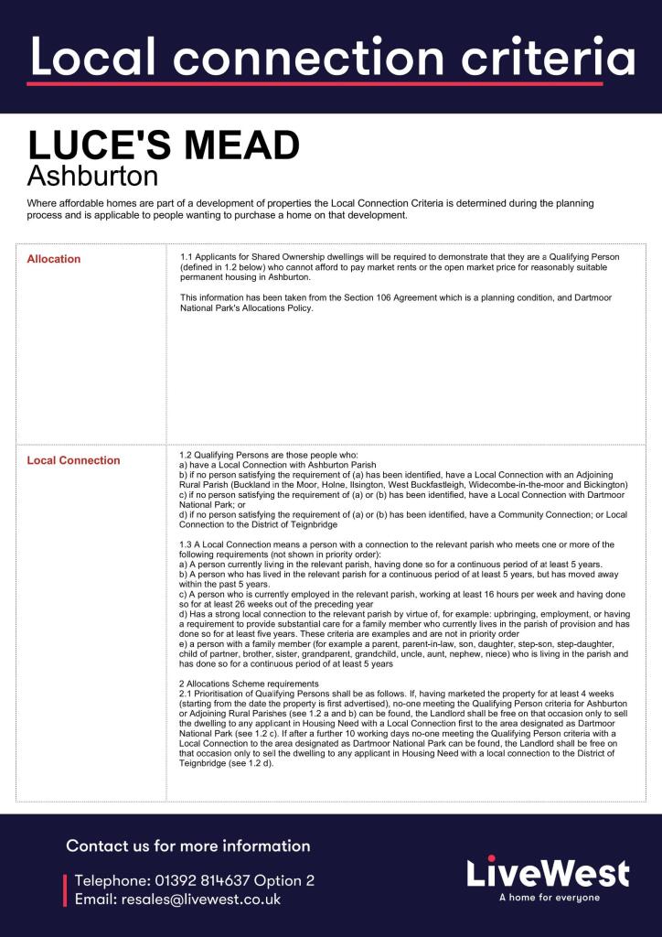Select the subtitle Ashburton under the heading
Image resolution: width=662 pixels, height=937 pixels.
point(92,175)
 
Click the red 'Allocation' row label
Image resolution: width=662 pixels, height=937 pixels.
point(54,259)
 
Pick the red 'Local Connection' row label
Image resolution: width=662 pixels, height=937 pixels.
point(74,460)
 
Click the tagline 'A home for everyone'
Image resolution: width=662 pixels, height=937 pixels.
point(550,898)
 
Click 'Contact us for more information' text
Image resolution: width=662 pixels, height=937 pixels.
point(188,845)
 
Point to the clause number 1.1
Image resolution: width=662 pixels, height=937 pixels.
point(187,259)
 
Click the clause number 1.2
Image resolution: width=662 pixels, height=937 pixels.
point(187,455)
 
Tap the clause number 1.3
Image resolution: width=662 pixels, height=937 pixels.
point(187,544)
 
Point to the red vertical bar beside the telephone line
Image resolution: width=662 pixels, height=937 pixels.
point(65,890)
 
